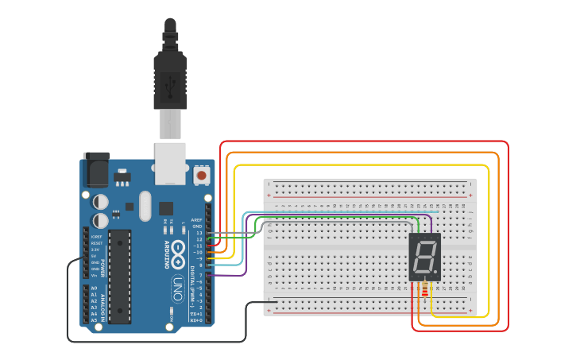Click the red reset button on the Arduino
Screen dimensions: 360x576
pyautogui.click(x=202, y=174)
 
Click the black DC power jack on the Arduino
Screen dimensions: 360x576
pyautogui.click(x=96, y=169)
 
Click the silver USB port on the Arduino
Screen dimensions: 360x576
pyautogui.click(x=170, y=163)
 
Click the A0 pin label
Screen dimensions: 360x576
pyautogui.click(x=94, y=288)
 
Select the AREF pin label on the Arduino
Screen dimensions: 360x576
pyautogui.click(x=197, y=219)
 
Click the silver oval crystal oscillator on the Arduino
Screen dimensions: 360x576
pyautogui.click(x=144, y=207)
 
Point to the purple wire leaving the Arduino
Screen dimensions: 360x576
pyautogui.click(x=230, y=276)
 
